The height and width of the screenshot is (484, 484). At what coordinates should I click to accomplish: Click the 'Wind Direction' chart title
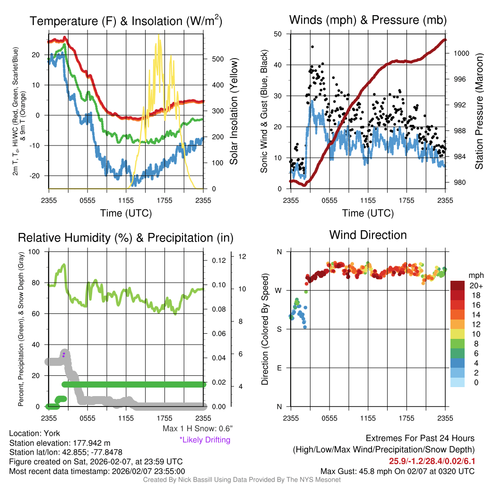pos(368,235)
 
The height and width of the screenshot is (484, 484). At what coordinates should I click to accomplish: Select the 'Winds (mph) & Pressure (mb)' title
pos(368,20)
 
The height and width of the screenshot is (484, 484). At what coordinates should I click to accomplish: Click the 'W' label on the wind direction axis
pos(279,290)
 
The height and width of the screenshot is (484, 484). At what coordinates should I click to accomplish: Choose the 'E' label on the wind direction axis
pos(279,368)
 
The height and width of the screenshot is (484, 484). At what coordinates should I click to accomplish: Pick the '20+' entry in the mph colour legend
pos(475,286)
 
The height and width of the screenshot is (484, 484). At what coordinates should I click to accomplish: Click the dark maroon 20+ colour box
pos(458,286)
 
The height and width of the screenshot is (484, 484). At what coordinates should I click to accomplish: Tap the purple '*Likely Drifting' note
pos(205,440)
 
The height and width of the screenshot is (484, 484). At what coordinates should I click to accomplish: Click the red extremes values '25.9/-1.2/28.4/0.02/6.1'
pos(432,461)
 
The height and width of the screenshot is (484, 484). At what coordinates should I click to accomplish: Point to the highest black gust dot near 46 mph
pos(312,47)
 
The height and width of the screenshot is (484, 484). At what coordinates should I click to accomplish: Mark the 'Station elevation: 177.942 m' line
pos(60,443)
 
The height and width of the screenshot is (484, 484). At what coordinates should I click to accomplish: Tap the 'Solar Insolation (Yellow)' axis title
pos(233,112)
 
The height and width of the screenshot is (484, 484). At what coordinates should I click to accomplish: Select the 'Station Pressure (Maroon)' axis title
pos(478,112)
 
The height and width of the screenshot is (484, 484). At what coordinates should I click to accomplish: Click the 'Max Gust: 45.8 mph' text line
pos(398,471)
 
